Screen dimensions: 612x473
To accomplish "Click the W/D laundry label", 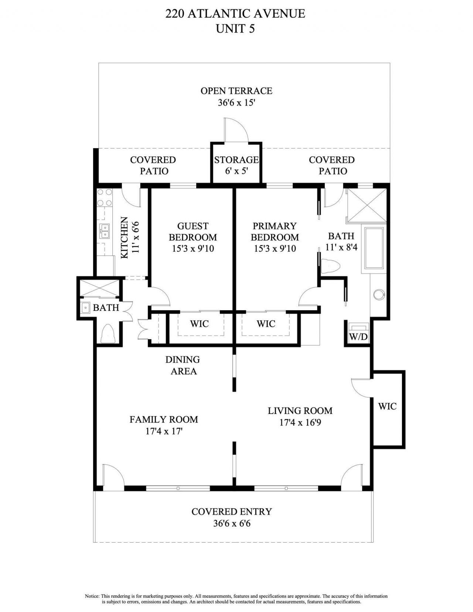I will (358, 336).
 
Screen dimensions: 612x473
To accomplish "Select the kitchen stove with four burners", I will (104, 198).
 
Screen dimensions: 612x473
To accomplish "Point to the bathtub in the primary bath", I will (375, 248).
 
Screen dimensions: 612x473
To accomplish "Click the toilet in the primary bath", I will (330, 266).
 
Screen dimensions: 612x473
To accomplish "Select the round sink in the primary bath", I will (379, 294).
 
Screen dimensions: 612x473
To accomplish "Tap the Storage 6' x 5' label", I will (236, 165).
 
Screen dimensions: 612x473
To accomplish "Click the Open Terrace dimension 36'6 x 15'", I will (236, 103).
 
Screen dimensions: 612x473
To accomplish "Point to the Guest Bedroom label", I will (193, 231).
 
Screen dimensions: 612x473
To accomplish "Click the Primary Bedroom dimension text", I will (275, 249).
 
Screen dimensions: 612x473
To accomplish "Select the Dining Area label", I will (183, 365).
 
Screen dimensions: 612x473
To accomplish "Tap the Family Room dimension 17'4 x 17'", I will (164, 431).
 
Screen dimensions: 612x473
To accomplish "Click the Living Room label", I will (300, 410).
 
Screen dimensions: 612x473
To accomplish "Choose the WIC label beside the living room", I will (387, 406).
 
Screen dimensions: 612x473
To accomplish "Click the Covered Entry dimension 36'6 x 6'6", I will (232, 523).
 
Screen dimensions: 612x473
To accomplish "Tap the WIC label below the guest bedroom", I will (199, 324).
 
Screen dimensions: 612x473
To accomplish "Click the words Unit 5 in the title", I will (235, 28).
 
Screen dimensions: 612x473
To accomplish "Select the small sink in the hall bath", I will (86, 307).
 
